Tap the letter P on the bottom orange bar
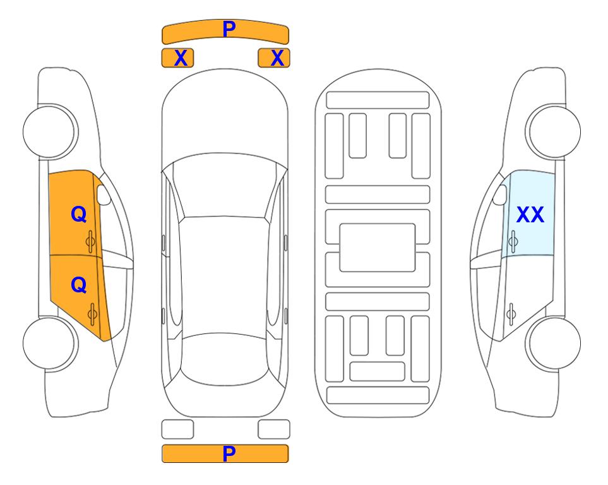click(x=229, y=453)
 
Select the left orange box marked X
click(x=177, y=58)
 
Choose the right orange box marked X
click(x=274, y=58)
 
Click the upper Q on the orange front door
click(x=79, y=214)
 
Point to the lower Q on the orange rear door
click(x=79, y=285)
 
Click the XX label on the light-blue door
click(x=530, y=215)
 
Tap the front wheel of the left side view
click(x=49, y=131)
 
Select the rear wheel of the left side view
click(x=49, y=343)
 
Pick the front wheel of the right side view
click(x=554, y=131)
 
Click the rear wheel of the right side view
click(x=554, y=343)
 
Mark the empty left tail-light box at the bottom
click(x=177, y=429)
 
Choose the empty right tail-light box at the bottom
click(x=274, y=429)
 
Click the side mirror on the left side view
click(x=103, y=195)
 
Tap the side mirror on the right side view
click(x=500, y=195)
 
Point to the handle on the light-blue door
click(x=513, y=242)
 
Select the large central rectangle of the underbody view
click(x=378, y=248)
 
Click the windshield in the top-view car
click(x=224, y=184)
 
